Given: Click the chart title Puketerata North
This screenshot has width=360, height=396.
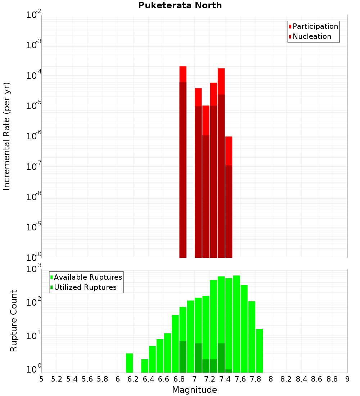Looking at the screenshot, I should click(x=180, y=5).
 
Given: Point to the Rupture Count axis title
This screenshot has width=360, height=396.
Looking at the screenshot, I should click(x=13, y=321).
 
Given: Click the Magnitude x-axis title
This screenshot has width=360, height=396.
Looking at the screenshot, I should click(x=194, y=390).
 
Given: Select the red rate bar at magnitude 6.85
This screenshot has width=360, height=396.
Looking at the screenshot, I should click(x=183, y=162).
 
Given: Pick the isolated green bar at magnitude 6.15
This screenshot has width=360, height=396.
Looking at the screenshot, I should click(x=129, y=363).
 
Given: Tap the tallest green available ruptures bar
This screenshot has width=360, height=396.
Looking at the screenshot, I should click(x=236, y=324).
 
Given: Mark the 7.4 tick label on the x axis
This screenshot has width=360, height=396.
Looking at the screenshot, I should click(x=225, y=379).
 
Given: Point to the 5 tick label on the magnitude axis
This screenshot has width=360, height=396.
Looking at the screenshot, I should click(x=41, y=379).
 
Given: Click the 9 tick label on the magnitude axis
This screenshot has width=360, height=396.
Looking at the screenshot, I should click(x=347, y=379).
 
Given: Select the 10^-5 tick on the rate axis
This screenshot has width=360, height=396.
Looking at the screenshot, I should click(x=34, y=106).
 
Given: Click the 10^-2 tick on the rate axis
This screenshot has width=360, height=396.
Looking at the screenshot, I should click(x=34, y=15).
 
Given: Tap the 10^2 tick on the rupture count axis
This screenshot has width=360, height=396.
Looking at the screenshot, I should click(x=34, y=302).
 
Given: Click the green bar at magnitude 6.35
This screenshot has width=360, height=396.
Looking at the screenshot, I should click(x=145, y=366).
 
